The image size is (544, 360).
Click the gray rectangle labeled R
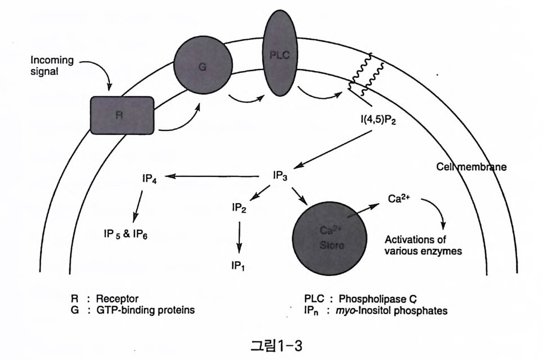click(x=123, y=115)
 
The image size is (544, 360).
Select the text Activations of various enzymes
click(x=423, y=245)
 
